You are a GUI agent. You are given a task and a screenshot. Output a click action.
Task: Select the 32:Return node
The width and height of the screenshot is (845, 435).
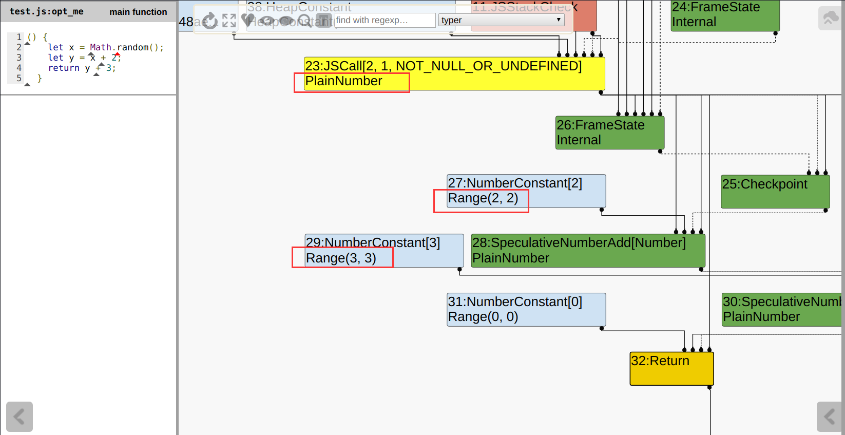671,368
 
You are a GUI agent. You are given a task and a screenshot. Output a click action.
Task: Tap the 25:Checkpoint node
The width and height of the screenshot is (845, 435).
775,192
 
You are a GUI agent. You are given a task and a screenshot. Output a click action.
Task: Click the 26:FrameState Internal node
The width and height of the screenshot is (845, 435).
610,133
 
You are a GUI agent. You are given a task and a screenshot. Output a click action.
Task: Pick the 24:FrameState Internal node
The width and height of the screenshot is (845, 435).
725,15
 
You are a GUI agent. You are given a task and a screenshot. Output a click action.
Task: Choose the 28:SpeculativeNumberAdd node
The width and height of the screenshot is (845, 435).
588,251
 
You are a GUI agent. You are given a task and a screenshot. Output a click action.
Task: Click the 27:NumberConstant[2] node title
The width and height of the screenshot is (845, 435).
515,183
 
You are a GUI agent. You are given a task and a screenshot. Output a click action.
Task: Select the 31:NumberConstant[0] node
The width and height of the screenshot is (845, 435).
526,309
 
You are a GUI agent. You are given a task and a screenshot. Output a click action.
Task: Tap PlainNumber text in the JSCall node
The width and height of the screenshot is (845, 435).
343,81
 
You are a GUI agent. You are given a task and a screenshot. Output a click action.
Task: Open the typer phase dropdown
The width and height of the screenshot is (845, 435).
501,20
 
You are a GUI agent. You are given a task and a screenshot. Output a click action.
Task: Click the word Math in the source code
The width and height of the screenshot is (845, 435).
100,47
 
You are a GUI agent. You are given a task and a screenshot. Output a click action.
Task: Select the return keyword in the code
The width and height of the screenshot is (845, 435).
64,68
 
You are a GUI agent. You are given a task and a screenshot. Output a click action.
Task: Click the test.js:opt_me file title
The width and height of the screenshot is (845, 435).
46,11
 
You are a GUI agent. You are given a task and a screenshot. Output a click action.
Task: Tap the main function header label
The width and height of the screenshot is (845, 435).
138,12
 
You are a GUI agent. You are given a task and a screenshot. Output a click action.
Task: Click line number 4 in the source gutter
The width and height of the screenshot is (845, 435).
19,68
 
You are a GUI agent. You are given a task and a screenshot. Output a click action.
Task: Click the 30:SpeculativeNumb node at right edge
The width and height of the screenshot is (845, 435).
781,309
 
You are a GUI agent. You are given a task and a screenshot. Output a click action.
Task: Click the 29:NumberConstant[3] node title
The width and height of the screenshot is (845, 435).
373,243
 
